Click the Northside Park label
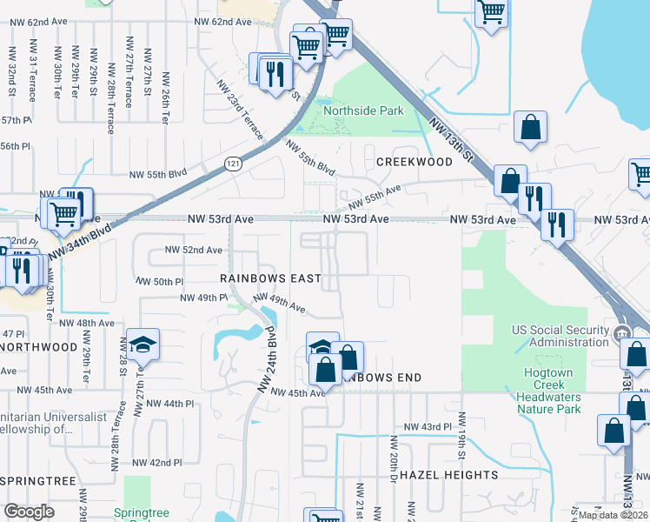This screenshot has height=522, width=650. click(x=363, y=111)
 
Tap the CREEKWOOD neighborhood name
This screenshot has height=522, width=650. click(x=415, y=163)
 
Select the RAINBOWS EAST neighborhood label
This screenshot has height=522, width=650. click(x=270, y=278)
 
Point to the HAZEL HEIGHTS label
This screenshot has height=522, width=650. click(x=448, y=476)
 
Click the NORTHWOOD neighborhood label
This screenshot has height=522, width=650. click(x=39, y=347)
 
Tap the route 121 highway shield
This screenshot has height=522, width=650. click(x=232, y=164)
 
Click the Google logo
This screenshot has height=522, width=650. click(x=30, y=512)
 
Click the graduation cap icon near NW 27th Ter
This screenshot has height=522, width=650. click(x=141, y=344)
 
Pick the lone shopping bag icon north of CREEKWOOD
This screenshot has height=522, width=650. click(x=529, y=128)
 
